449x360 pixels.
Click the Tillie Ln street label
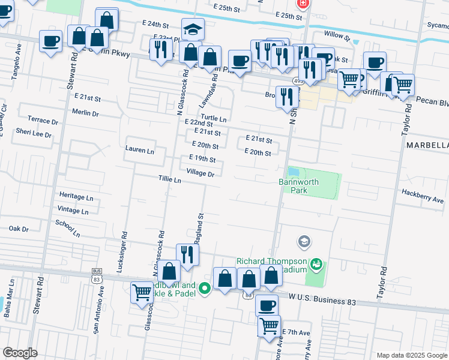(169, 179)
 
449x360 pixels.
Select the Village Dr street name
(200, 173)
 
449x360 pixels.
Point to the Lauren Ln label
(140, 149)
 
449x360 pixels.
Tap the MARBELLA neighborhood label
(427, 146)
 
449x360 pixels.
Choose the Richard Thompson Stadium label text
(271, 265)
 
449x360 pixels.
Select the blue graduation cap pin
(193, 29)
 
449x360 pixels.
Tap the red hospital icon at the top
(303, 3)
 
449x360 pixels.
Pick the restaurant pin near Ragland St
(187, 254)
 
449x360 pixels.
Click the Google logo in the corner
(20, 353)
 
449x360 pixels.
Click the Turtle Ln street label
(214, 118)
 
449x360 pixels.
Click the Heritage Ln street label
(76, 197)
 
